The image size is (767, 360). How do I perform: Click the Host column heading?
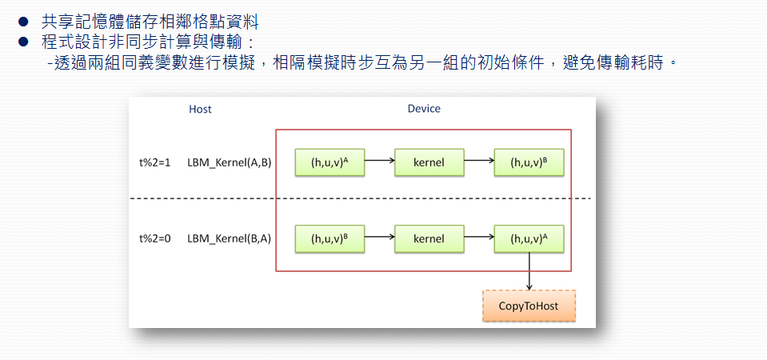[200, 109]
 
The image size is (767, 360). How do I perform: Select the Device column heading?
[424, 109]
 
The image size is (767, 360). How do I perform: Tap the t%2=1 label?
[154, 162]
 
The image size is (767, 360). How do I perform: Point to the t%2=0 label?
[154, 238]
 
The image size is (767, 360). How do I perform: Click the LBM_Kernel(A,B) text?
[230, 162]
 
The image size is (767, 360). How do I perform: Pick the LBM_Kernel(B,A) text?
[230, 238]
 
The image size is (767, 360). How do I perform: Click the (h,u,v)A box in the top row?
[330, 162]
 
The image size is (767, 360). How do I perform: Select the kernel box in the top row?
[429, 162]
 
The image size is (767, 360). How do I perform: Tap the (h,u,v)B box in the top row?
[529, 162]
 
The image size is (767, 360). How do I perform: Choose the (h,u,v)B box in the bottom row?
[330, 238]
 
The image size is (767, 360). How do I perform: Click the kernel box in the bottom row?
[429, 238]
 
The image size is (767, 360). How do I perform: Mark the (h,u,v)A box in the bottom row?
[529, 238]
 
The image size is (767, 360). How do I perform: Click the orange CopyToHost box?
[529, 306]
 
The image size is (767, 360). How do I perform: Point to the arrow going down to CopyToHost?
[529, 271]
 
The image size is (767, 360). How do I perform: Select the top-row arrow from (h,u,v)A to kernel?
[380, 159]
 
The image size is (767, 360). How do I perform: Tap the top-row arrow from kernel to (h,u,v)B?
[479, 159]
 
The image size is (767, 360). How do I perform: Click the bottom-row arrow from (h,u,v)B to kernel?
[380, 236]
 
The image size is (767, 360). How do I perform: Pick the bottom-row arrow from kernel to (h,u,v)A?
[479, 236]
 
